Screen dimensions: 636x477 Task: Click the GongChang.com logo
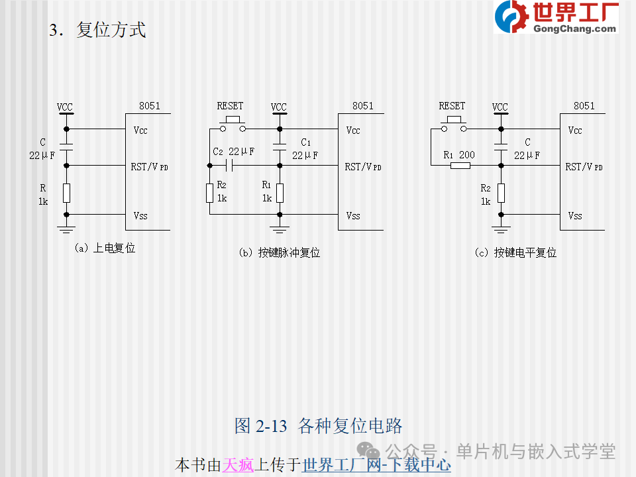[556, 17]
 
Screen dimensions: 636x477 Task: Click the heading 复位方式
[111, 30]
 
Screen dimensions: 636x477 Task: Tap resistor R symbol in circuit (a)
[66, 193]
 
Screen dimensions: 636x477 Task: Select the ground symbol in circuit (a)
[66, 230]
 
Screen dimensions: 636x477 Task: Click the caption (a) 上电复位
[105, 248]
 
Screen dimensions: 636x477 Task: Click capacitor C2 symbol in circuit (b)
[229, 166]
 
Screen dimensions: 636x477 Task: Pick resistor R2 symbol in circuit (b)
[210, 193]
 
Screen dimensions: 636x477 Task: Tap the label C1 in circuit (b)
[306, 142]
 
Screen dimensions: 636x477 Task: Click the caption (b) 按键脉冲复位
[280, 252]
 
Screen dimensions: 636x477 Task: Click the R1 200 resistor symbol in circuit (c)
[460, 166]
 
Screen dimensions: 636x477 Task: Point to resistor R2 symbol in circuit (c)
[502, 193]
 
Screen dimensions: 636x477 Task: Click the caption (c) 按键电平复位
[515, 252]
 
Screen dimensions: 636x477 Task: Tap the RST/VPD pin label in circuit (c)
[584, 167]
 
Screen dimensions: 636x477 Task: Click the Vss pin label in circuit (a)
[140, 216]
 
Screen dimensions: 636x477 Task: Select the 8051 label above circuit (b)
[362, 106]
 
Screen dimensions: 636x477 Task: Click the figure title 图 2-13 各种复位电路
[318, 426]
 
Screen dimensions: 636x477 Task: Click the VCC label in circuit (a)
[64, 107]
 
